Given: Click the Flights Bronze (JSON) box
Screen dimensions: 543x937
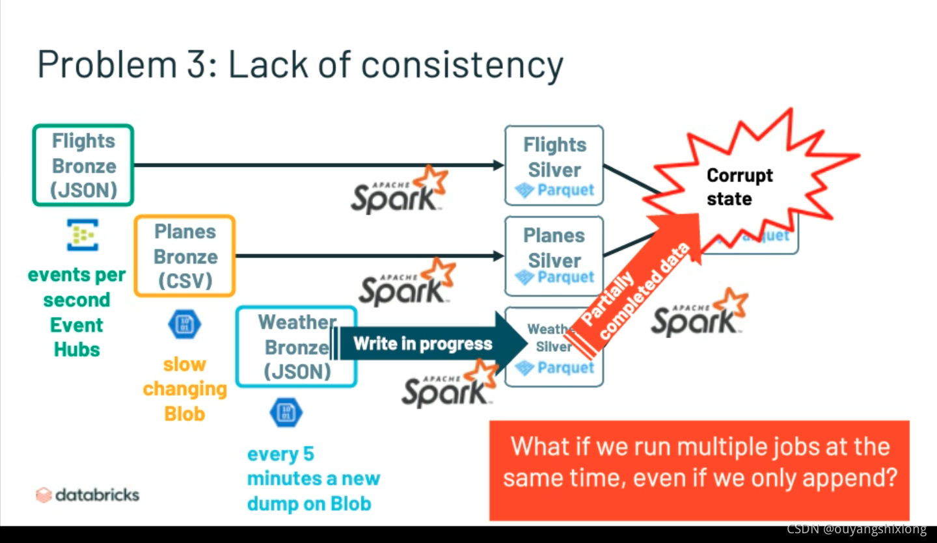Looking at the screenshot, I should pyautogui.click(x=83, y=165).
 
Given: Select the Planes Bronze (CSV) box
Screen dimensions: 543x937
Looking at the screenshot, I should pyautogui.click(x=185, y=256).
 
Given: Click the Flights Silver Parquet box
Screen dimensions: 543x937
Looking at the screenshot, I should pyautogui.click(x=554, y=166).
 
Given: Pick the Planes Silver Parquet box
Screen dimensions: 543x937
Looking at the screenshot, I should pyautogui.click(x=554, y=256).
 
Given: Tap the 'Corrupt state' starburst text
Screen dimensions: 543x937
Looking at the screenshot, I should pyautogui.click(x=739, y=187).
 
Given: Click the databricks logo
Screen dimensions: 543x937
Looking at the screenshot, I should pyautogui.click(x=87, y=495).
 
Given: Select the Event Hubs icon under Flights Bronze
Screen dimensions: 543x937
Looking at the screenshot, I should pyautogui.click(x=83, y=235).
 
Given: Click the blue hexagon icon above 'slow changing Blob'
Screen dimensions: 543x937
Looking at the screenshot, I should pyautogui.click(x=184, y=324).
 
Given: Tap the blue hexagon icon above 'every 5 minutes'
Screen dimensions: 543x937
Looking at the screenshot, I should pyautogui.click(x=286, y=412).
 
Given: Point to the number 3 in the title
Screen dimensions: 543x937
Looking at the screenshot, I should pyautogui.click(x=189, y=65).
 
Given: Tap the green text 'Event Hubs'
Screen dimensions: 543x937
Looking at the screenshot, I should pyautogui.click(x=77, y=337).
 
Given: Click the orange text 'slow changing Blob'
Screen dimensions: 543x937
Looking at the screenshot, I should pyautogui.click(x=185, y=389).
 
